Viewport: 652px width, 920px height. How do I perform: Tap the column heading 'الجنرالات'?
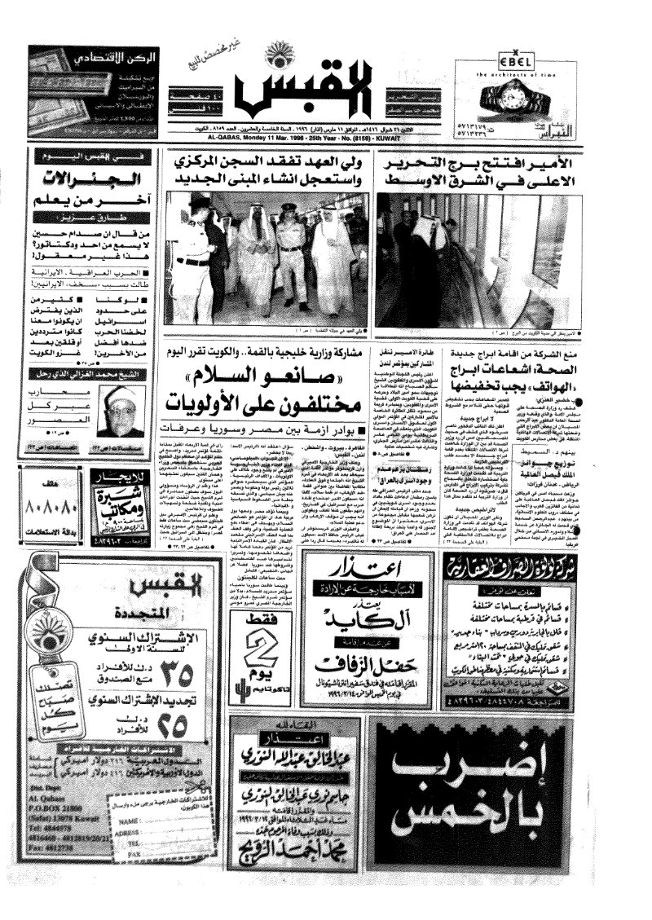86,177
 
